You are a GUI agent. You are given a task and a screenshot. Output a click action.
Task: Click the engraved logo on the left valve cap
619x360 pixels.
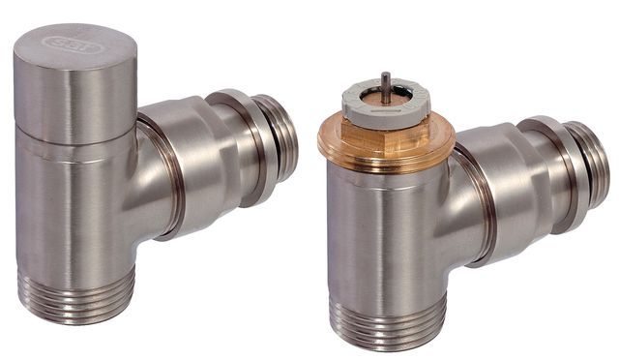click(x=72, y=43)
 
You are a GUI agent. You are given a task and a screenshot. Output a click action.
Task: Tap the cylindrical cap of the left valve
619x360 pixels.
click(x=72, y=97)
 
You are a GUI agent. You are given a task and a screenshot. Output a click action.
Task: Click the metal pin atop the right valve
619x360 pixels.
click(x=386, y=82)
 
